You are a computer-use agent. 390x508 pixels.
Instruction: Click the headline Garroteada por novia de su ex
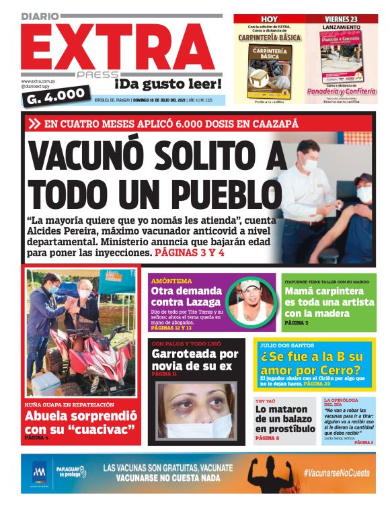pyautogui.click(x=194, y=359)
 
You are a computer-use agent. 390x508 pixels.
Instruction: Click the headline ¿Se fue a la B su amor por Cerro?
pyautogui.click(x=313, y=363)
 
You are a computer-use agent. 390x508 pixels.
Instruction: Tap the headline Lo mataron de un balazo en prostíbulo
pyautogui.click(x=285, y=419)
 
